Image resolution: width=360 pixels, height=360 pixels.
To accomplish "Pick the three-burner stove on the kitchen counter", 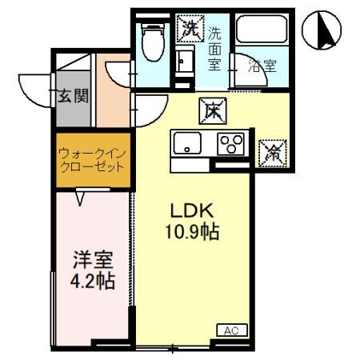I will pos(233,145).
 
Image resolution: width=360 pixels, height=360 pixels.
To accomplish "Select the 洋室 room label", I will pos(93,260).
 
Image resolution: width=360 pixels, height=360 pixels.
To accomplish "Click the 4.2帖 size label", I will pos(93,281).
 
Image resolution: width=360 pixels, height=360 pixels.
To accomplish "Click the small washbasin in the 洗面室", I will pos(186,61).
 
